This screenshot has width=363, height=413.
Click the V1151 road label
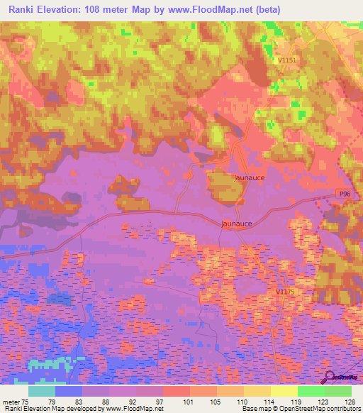286,62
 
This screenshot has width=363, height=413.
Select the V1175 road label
286,292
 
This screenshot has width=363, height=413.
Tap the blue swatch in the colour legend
69,390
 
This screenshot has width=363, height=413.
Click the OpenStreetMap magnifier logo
330,376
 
